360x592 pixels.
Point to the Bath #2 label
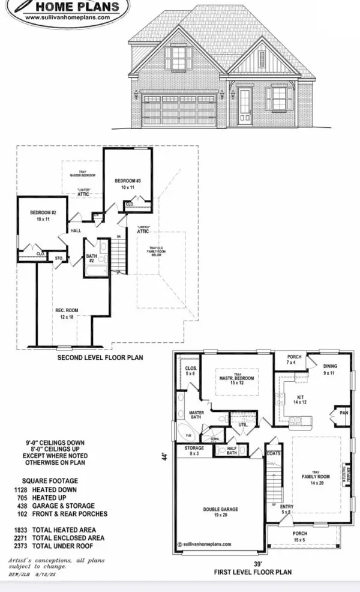coord(91,258)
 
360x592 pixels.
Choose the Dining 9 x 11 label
coord(330,369)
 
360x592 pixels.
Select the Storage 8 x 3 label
coord(194,451)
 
